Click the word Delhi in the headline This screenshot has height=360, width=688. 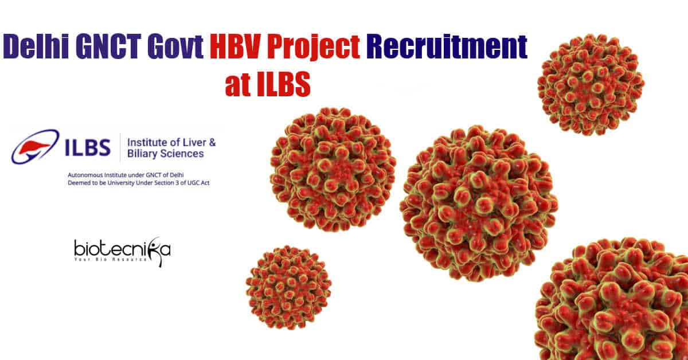[x=36, y=46]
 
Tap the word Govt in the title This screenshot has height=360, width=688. [x=175, y=46]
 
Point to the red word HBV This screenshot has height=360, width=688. [x=236, y=46]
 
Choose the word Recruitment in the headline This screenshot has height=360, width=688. [x=447, y=46]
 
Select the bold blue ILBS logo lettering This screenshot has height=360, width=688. [x=88, y=147]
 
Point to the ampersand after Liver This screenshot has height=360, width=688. [x=212, y=143]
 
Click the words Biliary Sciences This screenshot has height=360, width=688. [x=166, y=154]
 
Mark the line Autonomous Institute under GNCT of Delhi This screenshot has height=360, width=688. [x=126, y=175]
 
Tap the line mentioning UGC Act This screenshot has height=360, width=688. [x=139, y=183]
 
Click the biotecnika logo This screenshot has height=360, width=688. [x=122, y=251]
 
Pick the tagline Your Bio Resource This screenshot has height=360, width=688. [x=111, y=260]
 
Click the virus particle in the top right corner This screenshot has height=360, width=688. [x=591, y=85]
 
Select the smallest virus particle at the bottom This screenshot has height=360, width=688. [x=288, y=287]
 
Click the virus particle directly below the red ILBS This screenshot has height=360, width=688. [x=333, y=169]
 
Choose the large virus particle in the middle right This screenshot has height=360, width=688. [x=479, y=203]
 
